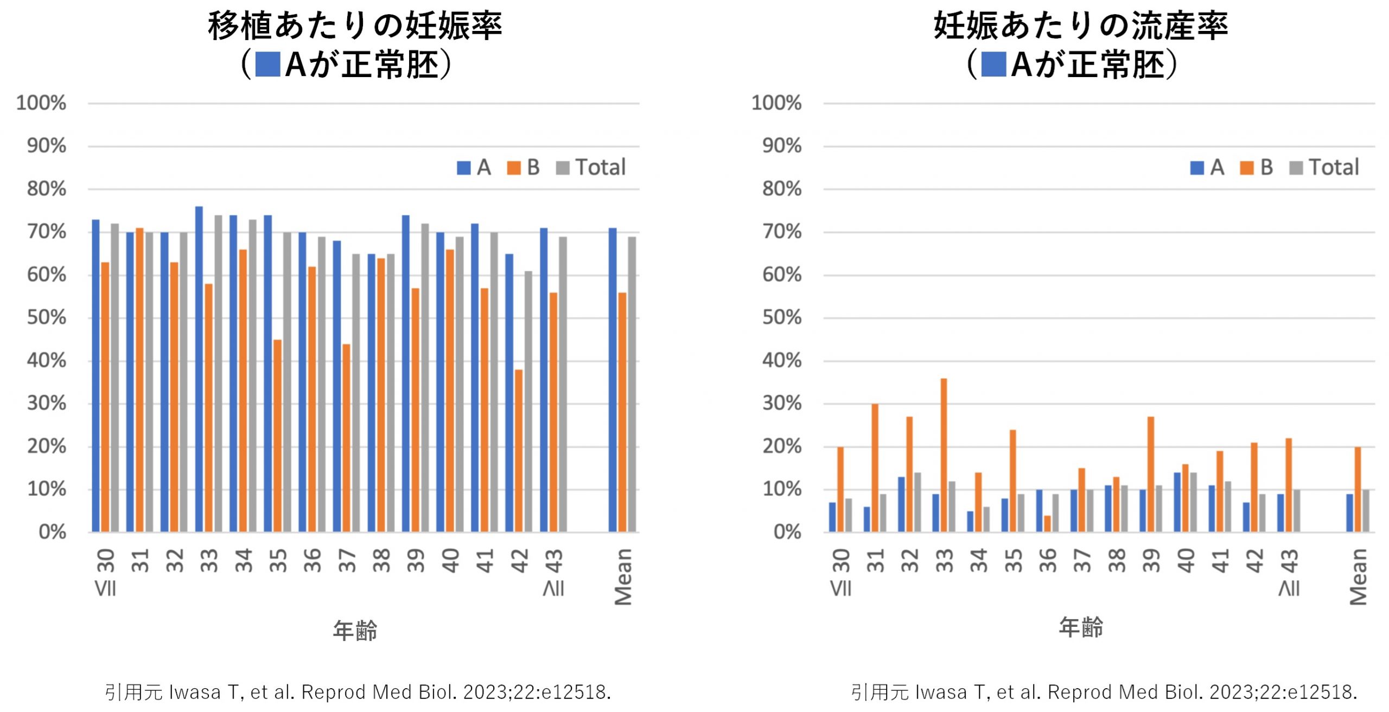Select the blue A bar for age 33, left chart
[199, 369]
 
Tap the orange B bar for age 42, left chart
[519, 450]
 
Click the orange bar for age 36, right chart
[1047, 524]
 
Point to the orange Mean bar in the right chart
[1358, 489]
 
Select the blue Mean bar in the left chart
[613, 380]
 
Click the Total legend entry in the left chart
[591, 167]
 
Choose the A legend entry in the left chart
[474, 167]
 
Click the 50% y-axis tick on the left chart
[47, 318]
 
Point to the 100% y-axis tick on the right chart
[776, 103]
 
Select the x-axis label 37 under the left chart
[347, 561]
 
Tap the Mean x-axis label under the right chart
[1358, 576]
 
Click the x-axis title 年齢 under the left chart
[355, 631]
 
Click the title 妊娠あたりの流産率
[1080, 26]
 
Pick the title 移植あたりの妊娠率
[355, 26]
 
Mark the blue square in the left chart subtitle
[267, 64]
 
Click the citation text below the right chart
[1104, 692]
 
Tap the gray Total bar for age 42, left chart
[528, 402]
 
